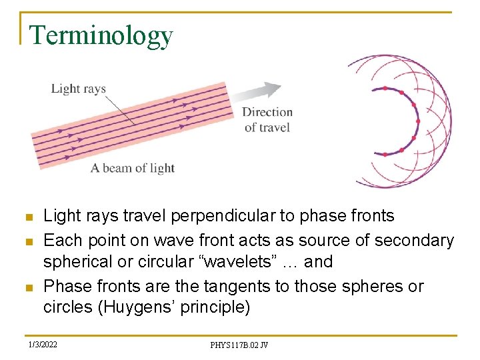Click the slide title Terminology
pyautogui.click(x=101, y=35)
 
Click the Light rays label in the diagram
pyautogui.click(x=78, y=89)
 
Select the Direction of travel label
pyautogui.click(x=267, y=119)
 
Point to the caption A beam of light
pyautogui.click(x=132, y=167)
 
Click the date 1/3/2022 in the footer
pyautogui.click(x=43, y=345)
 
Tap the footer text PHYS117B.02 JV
pyautogui.click(x=239, y=345)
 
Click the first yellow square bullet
pyautogui.click(x=27, y=217)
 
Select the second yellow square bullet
pyautogui.click(x=27, y=241)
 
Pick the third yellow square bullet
pyautogui.click(x=27, y=287)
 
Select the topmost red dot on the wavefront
pyautogui.click(x=385, y=88)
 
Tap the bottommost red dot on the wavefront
pyautogui.click(x=385, y=155)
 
